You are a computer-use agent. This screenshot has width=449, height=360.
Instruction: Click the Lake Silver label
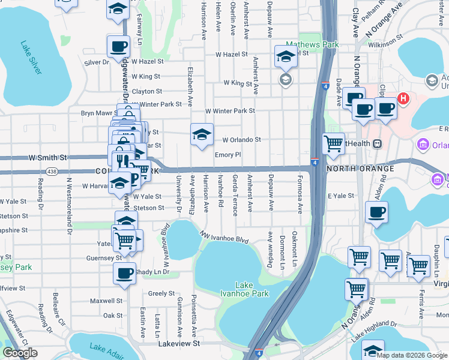31,58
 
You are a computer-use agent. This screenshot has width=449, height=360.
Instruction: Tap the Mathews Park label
312,44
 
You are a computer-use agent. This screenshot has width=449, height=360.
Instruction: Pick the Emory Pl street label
228,155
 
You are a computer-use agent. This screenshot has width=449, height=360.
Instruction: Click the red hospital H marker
404,98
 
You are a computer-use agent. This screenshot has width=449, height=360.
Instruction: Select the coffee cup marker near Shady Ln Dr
124,273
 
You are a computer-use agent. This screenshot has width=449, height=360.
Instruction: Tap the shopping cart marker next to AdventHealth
333,143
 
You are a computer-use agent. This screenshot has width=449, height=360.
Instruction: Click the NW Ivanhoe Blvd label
224,238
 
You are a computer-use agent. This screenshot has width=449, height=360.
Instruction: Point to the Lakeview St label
179,343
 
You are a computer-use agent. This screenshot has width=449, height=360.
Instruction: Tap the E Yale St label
341,196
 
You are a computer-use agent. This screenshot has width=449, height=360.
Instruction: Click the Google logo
20,353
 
